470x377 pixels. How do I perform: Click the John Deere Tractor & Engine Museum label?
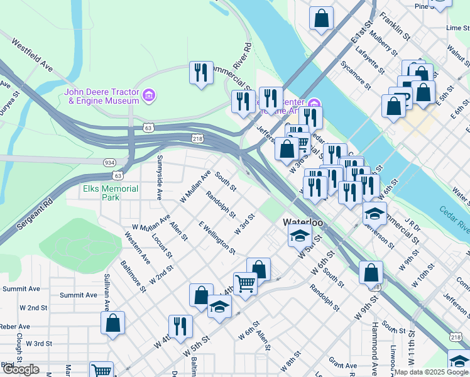click(102, 96)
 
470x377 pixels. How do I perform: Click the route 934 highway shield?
click(109, 162)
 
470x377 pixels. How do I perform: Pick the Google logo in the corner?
click(21, 369)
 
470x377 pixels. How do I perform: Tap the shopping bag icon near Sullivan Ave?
click(112, 322)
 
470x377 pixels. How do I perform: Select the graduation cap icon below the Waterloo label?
click(300, 236)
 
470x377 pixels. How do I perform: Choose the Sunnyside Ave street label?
click(160, 177)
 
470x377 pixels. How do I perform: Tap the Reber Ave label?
click(16, 327)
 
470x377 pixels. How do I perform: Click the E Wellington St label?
click(217, 238)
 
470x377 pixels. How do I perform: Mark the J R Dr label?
click(412, 224)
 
